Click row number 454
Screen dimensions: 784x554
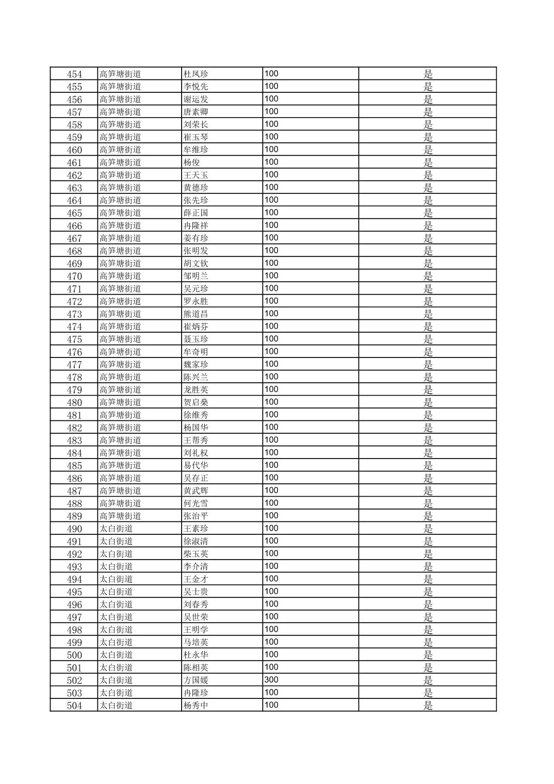coord(74,74)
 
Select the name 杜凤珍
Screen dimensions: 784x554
coord(196,74)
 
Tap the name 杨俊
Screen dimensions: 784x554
coord(192,162)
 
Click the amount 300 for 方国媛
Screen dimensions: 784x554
coord(271,680)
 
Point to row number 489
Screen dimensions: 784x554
coord(74,516)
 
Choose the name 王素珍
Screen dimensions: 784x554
coord(196,529)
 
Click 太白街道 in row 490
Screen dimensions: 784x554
coord(116,529)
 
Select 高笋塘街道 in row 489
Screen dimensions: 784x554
coord(120,516)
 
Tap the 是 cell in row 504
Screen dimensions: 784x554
coord(428,706)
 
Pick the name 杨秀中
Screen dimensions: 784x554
coord(196,706)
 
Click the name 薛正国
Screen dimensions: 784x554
coord(196,213)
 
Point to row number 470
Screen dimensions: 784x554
coord(74,276)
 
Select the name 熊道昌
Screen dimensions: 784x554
coord(196,314)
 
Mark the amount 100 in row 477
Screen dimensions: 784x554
coord(271,364)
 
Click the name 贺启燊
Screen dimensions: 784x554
coord(196,402)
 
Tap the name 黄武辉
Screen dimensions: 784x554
coord(196,491)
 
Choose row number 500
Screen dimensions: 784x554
coord(74,655)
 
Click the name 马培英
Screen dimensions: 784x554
coord(196,643)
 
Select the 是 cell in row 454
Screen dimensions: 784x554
coord(428,74)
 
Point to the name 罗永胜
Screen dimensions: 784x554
coord(196,301)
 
